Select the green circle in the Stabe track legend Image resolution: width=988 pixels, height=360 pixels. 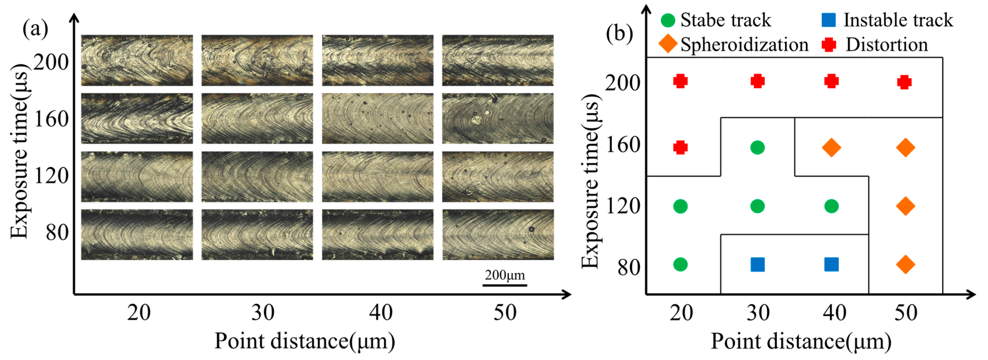coord(668,20)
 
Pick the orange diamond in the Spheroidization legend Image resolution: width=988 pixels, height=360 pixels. coord(668,44)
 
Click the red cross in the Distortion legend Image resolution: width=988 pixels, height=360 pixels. coord(829,44)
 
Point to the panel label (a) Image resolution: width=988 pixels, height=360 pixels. coord(35,29)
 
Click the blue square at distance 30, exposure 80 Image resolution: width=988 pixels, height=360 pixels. coord(757,264)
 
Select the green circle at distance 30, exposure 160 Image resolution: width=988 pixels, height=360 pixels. coord(757,147)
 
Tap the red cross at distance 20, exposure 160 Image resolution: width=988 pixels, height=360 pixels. coord(680,147)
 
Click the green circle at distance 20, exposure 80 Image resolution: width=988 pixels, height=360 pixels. coord(680,264)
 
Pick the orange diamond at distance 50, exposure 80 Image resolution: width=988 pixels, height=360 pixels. coord(906,264)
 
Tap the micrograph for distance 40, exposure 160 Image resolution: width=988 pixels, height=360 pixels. coord(377,119)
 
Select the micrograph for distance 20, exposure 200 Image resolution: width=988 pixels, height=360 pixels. coord(137,60)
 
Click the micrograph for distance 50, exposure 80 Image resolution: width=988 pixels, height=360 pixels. coord(498,235)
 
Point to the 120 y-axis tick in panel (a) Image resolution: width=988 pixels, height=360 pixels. coord(51,176)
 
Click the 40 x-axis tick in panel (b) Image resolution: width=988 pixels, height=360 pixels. coord(834,312)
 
